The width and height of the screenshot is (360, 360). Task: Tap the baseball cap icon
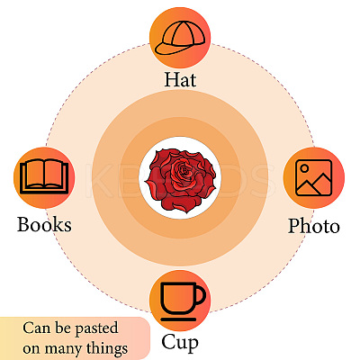[x=180, y=39]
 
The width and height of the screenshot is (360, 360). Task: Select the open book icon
[x=44, y=176]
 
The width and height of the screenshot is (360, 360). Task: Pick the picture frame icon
[x=314, y=177]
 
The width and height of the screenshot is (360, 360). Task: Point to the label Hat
[x=180, y=79]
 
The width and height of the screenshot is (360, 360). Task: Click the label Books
[x=44, y=224]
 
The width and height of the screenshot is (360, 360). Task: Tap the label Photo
[x=314, y=226]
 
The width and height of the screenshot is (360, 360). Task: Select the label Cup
[x=180, y=343]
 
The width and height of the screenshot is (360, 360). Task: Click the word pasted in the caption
[x=96, y=328]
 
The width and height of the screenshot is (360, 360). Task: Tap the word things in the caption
[x=107, y=348]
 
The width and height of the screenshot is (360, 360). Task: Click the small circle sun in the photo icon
[x=304, y=168]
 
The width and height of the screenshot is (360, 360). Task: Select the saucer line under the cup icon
[x=178, y=319]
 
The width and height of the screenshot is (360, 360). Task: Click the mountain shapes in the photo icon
[x=314, y=184]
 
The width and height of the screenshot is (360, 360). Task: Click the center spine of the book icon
[x=44, y=174]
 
